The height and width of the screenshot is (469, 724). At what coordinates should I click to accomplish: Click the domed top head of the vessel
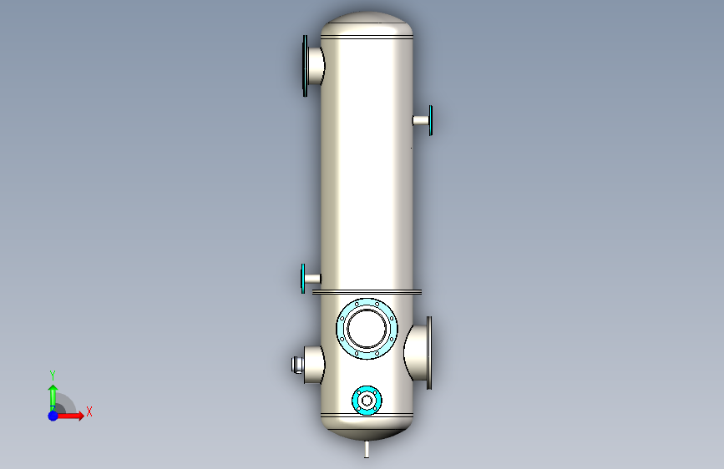click(x=367, y=24)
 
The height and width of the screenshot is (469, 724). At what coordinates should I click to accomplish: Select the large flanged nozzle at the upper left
click(x=313, y=66)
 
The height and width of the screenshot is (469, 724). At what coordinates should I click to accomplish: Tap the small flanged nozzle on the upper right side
click(x=423, y=120)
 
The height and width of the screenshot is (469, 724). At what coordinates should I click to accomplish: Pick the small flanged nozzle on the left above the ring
click(x=311, y=279)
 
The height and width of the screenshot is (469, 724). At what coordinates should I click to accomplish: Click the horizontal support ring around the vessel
click(x=367, y=292)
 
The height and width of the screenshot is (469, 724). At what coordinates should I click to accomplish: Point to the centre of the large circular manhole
click(x=367, y=329)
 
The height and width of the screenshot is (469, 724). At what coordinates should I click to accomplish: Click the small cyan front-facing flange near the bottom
click(x=367, y=401)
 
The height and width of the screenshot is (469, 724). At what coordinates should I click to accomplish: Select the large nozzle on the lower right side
click(x=418, y=353)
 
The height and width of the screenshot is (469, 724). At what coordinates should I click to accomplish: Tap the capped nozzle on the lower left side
click(x=308, y=365)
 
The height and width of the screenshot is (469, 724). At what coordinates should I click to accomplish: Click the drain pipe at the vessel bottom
click(x=367, y=449)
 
